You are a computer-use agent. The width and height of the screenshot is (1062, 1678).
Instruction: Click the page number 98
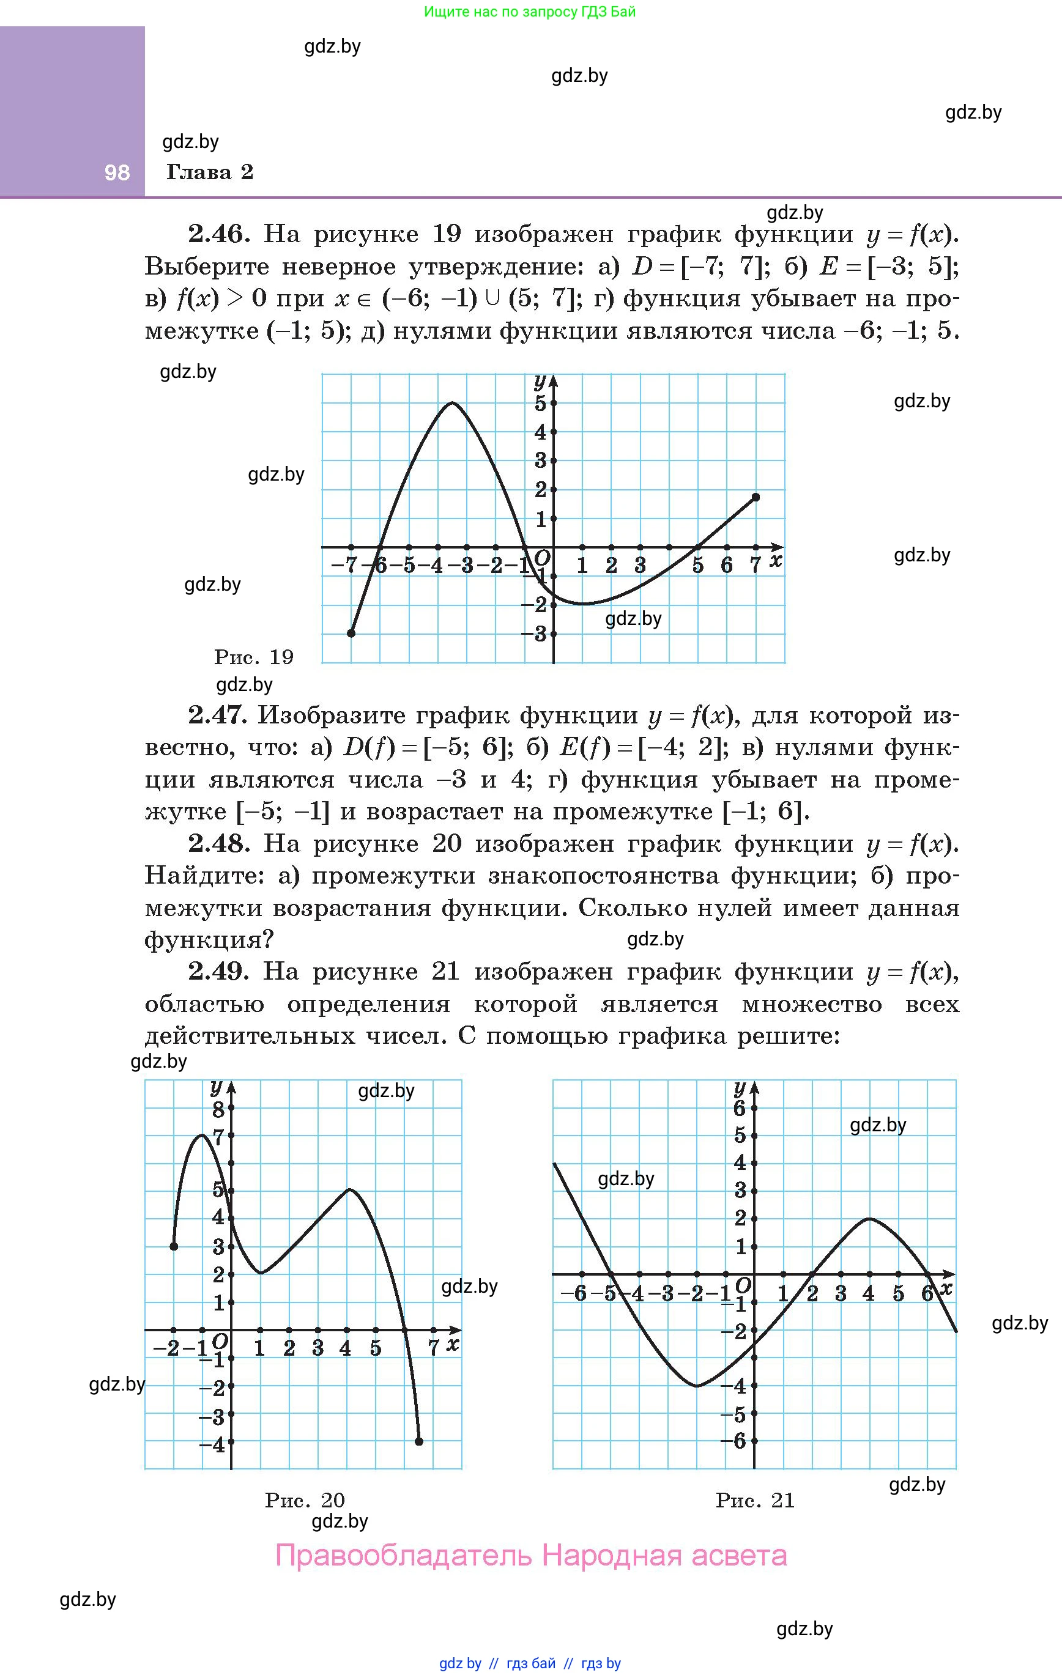(x=116, y=172)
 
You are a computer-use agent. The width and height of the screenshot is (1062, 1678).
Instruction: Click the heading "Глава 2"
(x=209, y=172)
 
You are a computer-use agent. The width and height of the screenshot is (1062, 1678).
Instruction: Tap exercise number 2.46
(x=218, y=234)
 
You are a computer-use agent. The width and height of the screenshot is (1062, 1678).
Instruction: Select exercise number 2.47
(x=218, y=715)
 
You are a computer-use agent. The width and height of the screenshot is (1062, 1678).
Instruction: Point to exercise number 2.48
(x=218, y=844)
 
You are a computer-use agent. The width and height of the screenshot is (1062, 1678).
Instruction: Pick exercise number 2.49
(x=218, y=972)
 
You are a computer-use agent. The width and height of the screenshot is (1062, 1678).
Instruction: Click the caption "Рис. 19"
(x=254, y=656)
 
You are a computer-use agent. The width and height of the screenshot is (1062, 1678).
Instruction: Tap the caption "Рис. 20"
(x=305, y=1499)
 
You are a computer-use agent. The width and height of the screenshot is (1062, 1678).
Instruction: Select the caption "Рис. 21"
(x=755, y=1499)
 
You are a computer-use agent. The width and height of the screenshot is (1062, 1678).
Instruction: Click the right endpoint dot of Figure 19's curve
(x=756, y=497)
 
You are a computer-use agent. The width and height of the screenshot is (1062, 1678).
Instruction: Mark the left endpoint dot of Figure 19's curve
(x=351, y=633)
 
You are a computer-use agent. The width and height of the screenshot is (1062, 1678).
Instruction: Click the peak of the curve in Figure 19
(x=453, y=403)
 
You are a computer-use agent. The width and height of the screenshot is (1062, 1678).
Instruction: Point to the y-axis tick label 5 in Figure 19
(x=540, y=403)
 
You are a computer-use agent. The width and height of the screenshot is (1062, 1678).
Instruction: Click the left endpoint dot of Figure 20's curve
(x=174, y=1246)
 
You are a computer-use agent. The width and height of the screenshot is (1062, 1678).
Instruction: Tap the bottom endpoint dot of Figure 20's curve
(x=419, y=1441)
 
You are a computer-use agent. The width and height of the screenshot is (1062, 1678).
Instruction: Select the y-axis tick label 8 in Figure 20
(x=218, y=1109)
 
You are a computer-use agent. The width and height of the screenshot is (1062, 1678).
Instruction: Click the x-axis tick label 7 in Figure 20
(x=433, y=1348)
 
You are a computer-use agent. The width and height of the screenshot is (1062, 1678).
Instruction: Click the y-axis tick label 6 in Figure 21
(x=740, y=1108)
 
